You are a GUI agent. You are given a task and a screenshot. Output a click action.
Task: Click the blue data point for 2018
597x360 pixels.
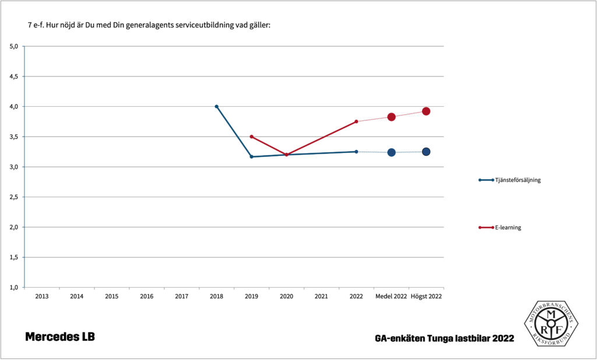[216, 106]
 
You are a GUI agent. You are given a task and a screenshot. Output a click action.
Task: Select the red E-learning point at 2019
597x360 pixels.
[251, 137]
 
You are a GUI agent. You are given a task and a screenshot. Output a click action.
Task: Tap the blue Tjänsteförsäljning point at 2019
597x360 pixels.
[251, 156]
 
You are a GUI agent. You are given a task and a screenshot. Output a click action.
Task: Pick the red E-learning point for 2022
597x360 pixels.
[356, 121]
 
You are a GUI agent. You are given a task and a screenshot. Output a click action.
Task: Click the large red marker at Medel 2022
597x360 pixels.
[391, 117]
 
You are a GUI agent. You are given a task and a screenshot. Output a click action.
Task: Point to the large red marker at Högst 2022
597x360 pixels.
[426, 111]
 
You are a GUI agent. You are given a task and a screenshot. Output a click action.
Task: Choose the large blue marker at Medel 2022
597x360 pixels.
[391, 152]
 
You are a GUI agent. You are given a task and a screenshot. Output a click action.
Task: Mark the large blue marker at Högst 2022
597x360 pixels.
[426, 152]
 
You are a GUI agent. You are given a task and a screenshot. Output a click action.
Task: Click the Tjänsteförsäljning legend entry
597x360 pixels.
[518, 180]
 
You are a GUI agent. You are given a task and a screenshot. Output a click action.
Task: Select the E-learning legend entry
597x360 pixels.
[507, 228]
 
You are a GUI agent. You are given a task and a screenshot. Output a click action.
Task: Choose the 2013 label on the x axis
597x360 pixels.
[42, 296]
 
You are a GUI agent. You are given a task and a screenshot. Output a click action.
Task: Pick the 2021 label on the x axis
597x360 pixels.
[321, 296]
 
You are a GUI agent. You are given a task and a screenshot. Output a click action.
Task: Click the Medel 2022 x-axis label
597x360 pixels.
[391, 296]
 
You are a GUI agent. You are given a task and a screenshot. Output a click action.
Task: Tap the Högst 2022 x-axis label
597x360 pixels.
[426, 296]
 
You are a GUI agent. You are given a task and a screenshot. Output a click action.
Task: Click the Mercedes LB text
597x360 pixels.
[60, 337]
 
